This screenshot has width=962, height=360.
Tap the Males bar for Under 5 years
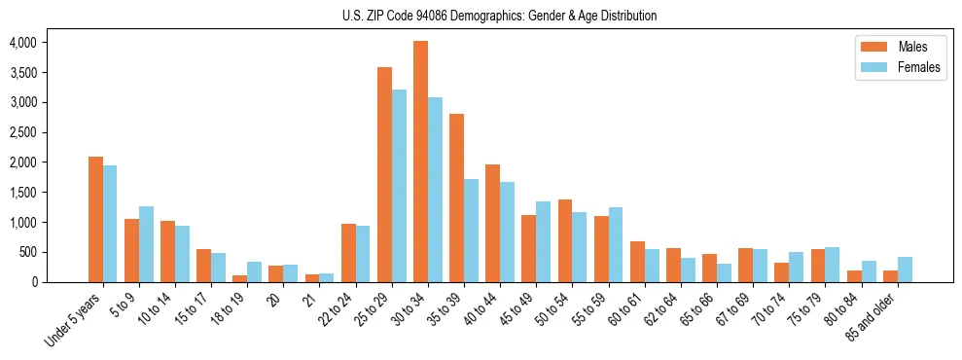(95, 219)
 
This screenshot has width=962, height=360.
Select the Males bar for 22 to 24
(348, 253)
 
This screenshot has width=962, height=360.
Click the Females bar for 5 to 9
(146, 244)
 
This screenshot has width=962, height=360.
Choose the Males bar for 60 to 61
(637, 262)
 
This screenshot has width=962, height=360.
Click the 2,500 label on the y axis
(22, 132)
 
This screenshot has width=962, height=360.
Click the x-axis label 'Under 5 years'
(74, 318)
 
